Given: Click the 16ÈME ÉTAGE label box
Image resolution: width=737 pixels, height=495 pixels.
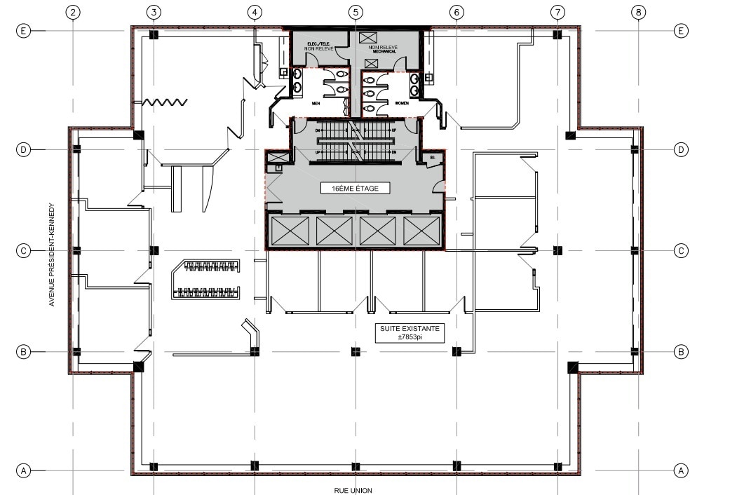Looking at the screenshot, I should (355, 188).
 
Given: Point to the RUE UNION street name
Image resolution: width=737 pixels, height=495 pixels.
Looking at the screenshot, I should (353, 490).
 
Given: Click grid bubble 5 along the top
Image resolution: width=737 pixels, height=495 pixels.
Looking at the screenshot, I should (356, 12).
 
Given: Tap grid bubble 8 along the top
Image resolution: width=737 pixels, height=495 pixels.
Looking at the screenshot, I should (637, 12).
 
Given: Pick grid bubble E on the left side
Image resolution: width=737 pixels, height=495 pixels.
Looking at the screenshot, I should (23, 31).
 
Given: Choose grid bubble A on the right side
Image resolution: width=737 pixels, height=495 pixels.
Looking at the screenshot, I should (680, 470).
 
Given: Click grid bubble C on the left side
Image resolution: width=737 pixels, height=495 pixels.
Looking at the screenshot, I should (23, 250).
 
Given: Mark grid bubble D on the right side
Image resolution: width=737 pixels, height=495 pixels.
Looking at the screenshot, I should (680, 149).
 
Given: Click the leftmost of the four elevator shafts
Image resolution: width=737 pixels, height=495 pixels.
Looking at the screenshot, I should (290, 231).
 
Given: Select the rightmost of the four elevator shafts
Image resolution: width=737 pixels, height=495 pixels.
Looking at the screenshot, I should (421, 231).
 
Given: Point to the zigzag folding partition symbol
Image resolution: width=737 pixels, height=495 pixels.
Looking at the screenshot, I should (164, 102).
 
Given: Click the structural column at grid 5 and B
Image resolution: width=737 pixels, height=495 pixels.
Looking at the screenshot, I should (356, 351).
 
